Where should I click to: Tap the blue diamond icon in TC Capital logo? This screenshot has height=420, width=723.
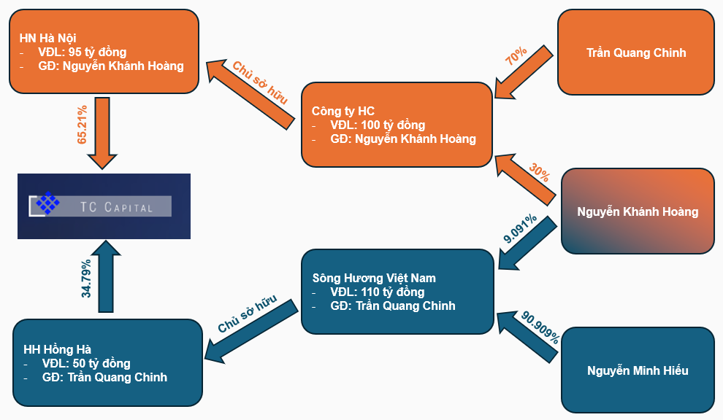48,203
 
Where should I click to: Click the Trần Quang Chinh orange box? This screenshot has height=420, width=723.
635,52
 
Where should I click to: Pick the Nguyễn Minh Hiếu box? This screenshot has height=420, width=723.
637,370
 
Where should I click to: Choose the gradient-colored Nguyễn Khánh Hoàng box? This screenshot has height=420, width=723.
637,211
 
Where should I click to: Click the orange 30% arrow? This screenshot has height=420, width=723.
527,179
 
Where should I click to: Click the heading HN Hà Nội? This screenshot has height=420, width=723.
47,37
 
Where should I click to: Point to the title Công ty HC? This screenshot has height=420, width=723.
343,111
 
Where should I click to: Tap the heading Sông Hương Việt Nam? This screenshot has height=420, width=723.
373,278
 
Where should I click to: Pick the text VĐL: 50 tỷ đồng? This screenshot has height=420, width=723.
85,363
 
